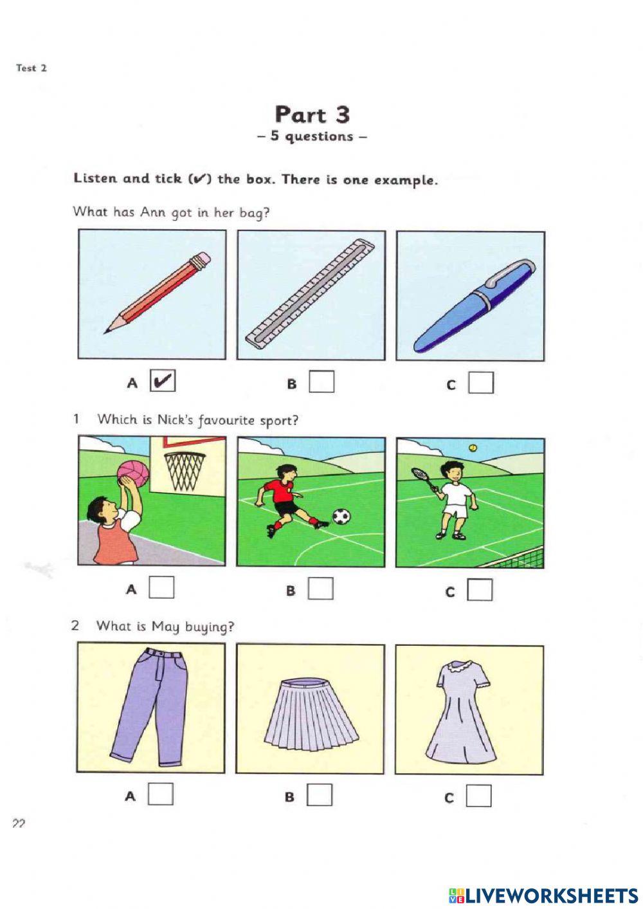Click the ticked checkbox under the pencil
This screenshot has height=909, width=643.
[163, 381]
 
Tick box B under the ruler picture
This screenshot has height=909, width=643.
[321, 382]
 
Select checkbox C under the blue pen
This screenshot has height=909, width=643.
[480, 383]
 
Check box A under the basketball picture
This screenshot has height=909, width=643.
[161, 587]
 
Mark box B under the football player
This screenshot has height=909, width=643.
[320, 589]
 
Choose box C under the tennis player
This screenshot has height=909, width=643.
[480, 590]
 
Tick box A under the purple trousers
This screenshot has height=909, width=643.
[161, 794]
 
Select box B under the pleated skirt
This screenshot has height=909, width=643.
[320, 796]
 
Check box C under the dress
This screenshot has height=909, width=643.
[478, 796]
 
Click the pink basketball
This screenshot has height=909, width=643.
[133, 473]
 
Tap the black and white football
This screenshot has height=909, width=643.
[341, 516]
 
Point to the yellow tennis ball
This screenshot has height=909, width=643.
[473, 448]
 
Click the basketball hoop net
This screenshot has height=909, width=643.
[185, 470]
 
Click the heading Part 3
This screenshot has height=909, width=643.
[312, 115]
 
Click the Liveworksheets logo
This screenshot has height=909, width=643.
[543, 894]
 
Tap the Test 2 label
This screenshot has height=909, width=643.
[32, 68]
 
